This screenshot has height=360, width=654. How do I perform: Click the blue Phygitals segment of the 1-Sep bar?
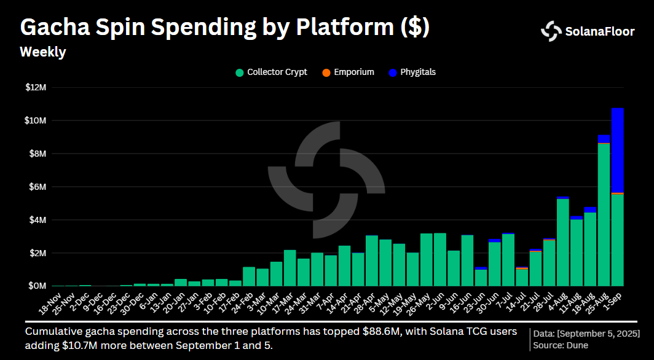point(617,151)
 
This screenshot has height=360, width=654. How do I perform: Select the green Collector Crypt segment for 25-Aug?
point(604,214)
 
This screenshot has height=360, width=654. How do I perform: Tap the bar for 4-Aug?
point(562,242)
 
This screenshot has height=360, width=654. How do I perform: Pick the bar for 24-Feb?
point(249,276)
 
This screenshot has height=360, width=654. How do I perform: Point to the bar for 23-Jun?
point(481,277)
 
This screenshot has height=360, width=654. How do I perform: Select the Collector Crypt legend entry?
point(271,72)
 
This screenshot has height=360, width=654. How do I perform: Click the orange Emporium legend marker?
point(325,73)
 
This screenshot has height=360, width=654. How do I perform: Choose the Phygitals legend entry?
point(412,72)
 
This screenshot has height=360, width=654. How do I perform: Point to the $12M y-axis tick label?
point(36,87)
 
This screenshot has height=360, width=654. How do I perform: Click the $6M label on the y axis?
point(37,187)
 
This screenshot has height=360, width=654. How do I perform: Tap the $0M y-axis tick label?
point(37,286)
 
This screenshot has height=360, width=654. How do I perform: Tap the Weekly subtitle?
point(42,52)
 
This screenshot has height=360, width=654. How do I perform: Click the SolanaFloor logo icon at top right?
point(551,31)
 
